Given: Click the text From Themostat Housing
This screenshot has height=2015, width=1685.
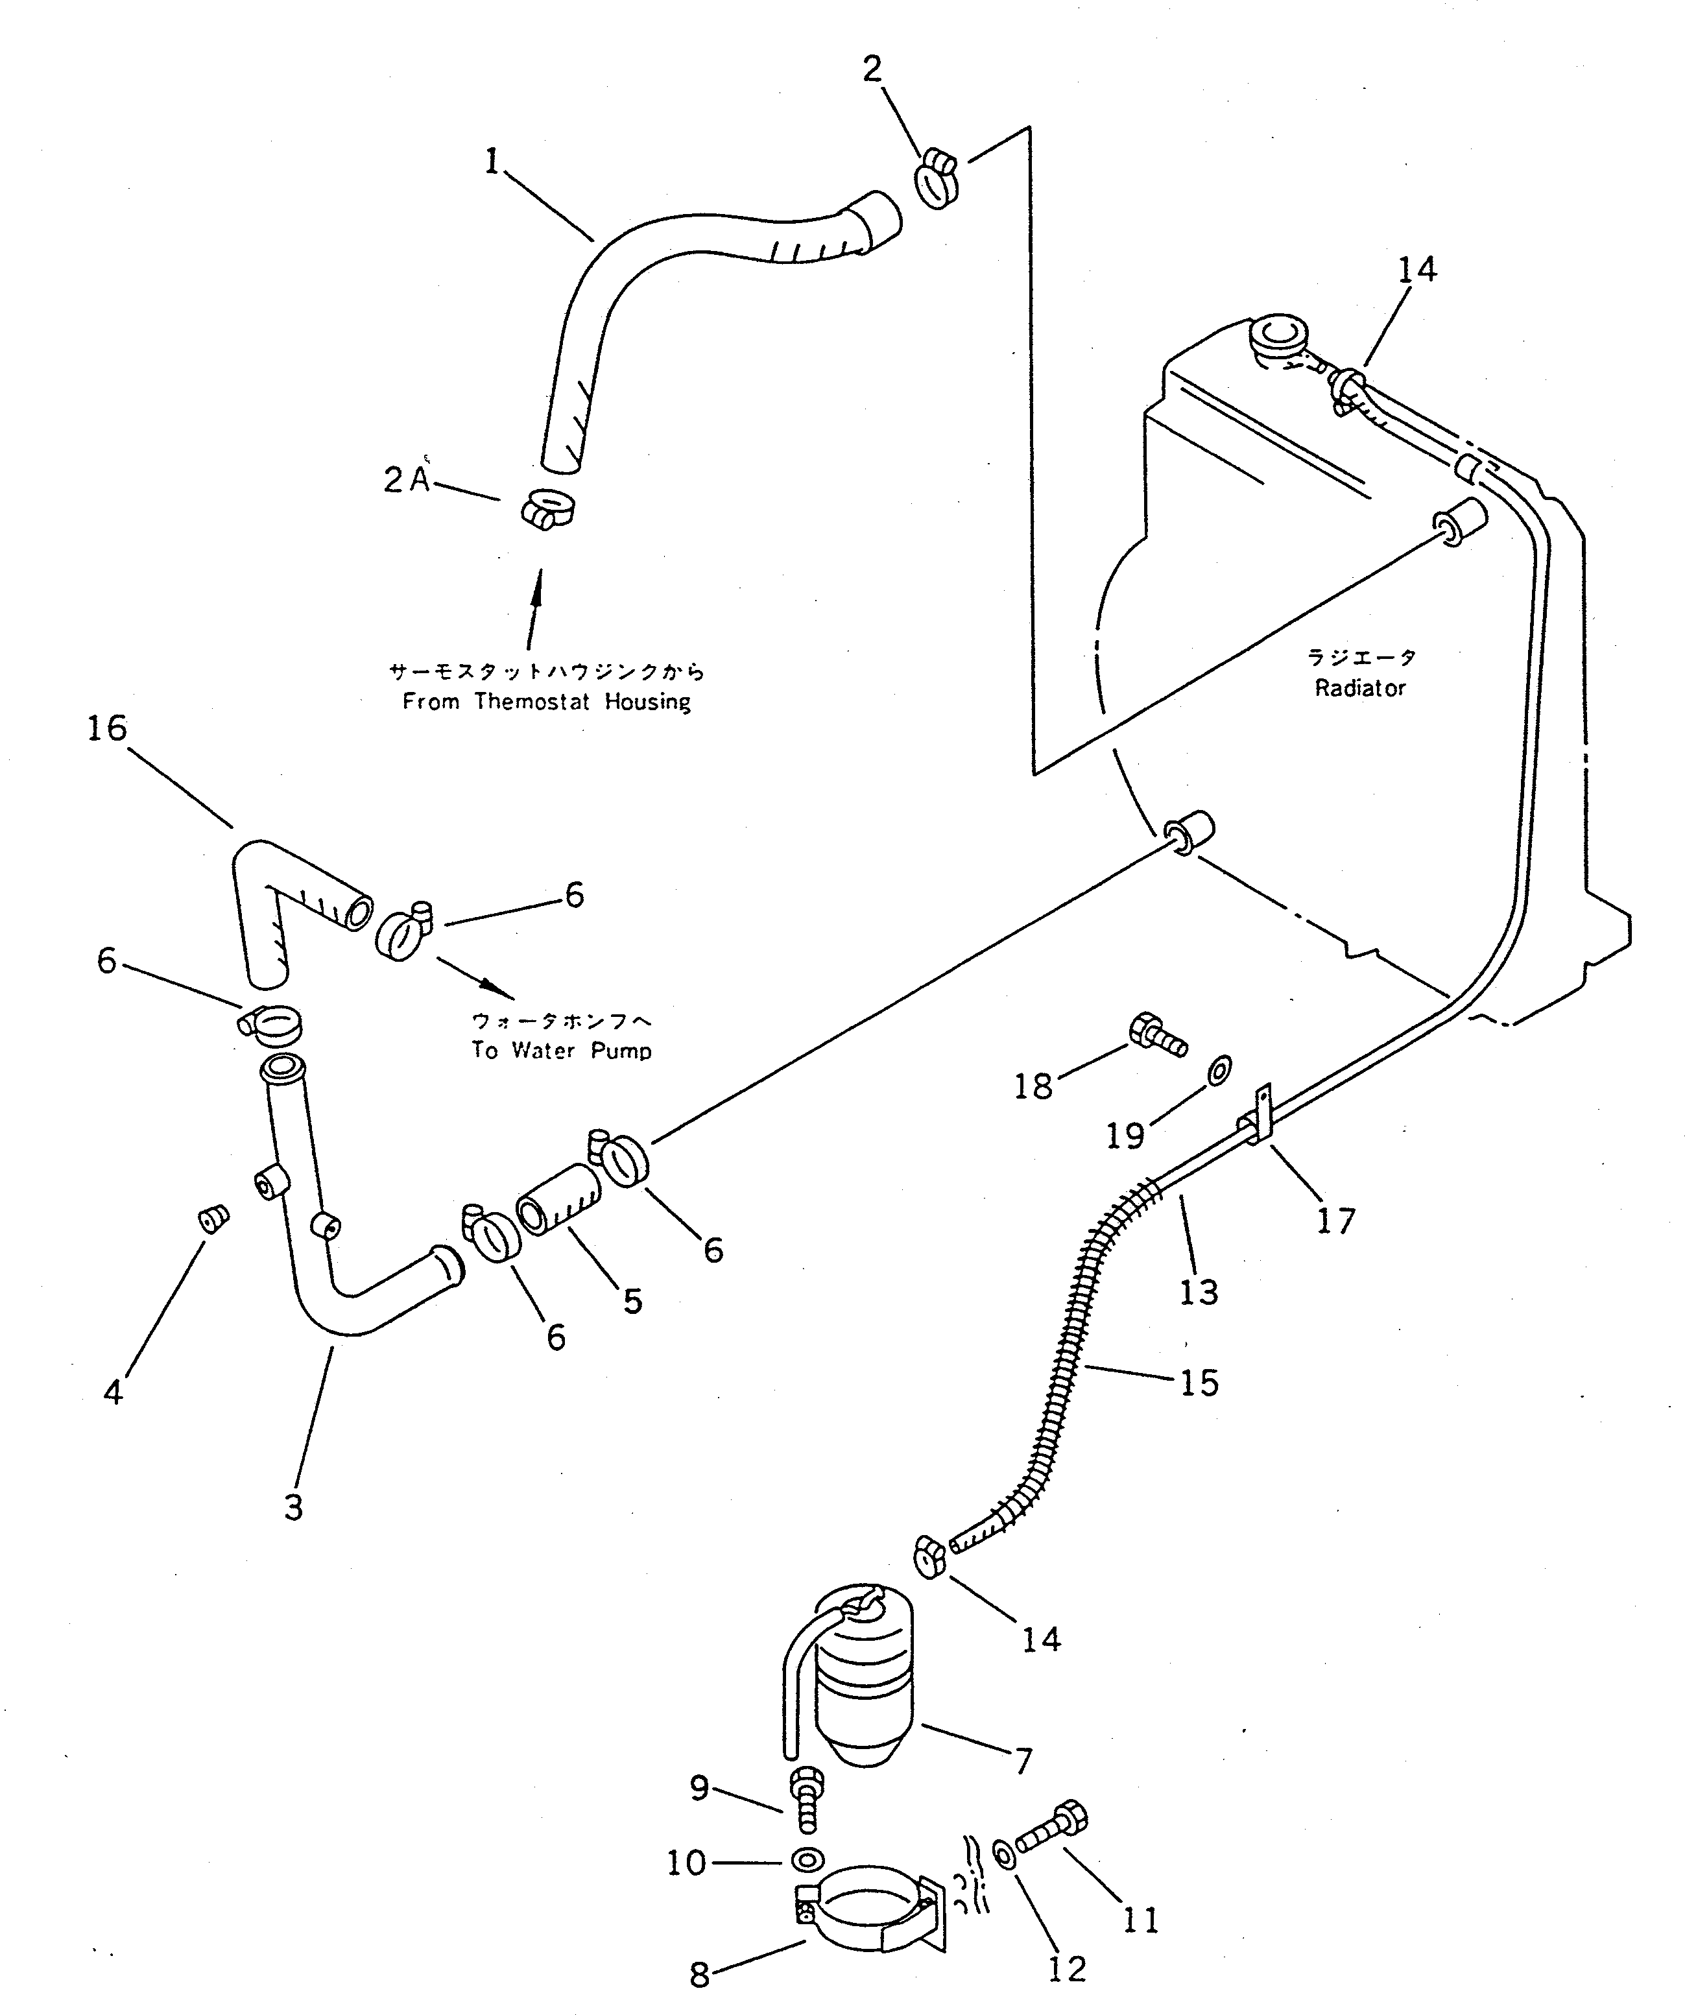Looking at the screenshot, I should pos(546,702).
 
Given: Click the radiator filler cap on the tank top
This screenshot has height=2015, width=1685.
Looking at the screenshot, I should pos(1279,337).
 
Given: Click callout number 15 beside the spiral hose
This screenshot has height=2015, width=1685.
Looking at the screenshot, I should pos(1199,1383).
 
